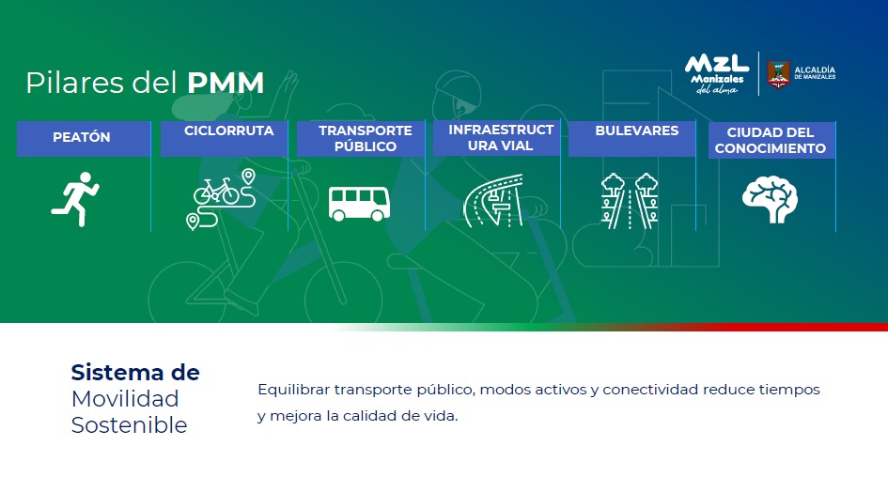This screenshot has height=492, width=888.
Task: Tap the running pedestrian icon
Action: tap(75, 199)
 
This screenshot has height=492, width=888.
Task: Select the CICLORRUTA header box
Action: tap(225, 138)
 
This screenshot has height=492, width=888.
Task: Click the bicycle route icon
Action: tap(222, 199)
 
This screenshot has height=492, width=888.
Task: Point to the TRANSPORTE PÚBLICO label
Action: tap(366, 138)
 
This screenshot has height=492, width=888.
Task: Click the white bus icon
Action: tap(359, 203)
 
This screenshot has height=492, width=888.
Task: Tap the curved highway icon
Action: tap(493, 200)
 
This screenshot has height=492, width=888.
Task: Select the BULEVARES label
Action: tap(636, 131)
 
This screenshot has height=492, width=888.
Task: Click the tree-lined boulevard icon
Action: tap(630, 201)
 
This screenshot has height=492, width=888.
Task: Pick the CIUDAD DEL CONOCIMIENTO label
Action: tap(771, 141)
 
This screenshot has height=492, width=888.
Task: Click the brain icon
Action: tap(770, 199)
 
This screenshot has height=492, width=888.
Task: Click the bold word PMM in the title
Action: tap(226, 83)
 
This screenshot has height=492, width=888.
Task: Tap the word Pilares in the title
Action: tap(75, 83)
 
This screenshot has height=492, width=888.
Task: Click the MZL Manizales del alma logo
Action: tap(717, 74)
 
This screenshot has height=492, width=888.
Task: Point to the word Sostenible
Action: tap(129, 425)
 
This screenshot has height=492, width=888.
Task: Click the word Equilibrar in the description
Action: tap(293, 390)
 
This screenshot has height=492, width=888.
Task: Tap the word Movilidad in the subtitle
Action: tap(125, 399)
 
